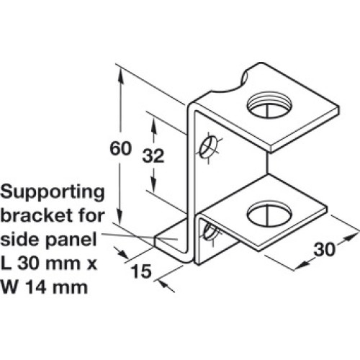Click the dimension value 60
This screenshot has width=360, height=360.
click(x=120, y=148)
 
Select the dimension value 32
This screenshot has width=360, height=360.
click(x=153, y=156)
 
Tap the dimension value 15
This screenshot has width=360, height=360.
click(x=142, y=271)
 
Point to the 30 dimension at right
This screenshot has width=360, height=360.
click(x=324, y=249)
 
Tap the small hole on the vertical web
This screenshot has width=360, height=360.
click(x=207, y=148)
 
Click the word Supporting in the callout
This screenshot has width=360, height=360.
click(x=53, y=192)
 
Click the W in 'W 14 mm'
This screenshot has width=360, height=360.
click(x=9, y=287)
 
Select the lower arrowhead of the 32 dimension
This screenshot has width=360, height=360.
click(x=153, y=184)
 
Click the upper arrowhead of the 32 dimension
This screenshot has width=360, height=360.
click(x=153, y=124)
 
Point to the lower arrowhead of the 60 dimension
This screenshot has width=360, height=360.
click(x=120, y=217)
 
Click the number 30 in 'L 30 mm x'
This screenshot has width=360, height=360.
click(x=28, y=263)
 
